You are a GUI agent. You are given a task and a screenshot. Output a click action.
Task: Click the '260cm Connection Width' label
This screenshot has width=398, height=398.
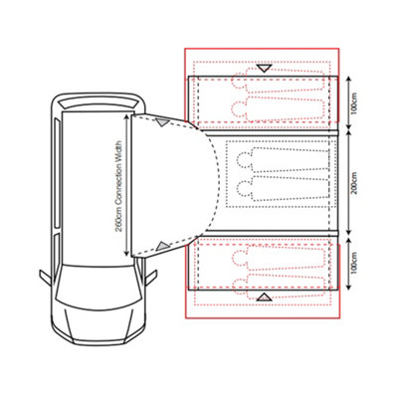118,184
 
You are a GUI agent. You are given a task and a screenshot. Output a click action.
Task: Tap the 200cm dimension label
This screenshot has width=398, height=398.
365,185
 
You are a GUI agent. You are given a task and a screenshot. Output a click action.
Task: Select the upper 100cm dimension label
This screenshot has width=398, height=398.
365,100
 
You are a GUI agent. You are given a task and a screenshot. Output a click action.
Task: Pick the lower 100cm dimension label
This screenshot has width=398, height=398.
365,267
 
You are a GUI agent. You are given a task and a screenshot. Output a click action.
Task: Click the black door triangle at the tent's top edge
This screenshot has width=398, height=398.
264,69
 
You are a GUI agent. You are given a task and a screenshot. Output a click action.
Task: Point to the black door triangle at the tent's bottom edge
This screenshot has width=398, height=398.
264,297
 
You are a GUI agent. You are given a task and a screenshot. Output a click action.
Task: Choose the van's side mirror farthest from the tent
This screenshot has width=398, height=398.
45,276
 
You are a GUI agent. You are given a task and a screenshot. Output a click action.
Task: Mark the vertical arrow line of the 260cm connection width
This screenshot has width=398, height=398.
126,184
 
